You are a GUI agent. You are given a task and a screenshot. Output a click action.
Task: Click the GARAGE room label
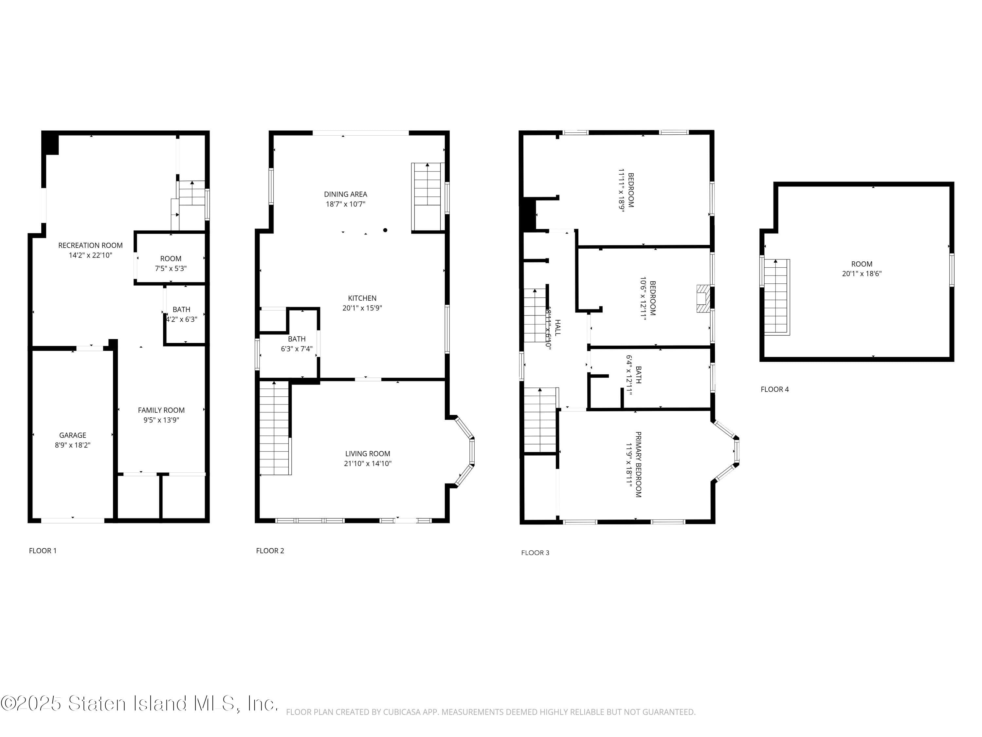pos(73,435)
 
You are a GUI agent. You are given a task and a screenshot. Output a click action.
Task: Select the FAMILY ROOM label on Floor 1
pos(161,410)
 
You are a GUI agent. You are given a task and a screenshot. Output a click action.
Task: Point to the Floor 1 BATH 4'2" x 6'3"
pos(182,314)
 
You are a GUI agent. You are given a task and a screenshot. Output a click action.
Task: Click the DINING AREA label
pos(345,194)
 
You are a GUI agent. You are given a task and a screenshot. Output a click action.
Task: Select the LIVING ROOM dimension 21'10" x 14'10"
pos(368,463)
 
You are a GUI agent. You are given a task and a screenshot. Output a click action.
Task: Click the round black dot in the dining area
pos(385,230)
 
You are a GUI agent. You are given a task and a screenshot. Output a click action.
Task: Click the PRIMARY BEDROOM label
pos(638,464)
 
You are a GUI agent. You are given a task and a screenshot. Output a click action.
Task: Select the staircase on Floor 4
pos(775,297)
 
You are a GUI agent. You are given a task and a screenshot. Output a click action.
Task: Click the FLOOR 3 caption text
pos(535,553)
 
